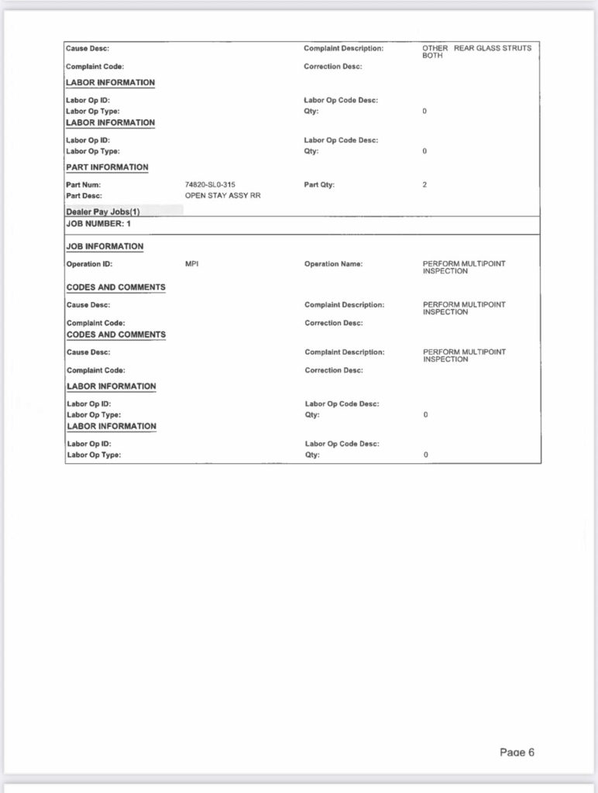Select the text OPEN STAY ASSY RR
(x=222, y=196)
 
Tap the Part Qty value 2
(x=424, y=184)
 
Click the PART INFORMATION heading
(x=107, y=167)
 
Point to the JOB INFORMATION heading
(x=105, y=246)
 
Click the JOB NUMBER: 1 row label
(x=98, y=224)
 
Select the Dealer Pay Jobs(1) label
(x=103, y=211)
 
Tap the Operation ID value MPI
(x=192, y=264)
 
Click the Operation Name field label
(x=333, y=264)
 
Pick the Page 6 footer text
(x=517, y=752)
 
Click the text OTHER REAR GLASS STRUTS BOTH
(x=476, y=52)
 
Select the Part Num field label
(x=84, y=184)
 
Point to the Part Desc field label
(x=84, y=196)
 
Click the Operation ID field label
(x=90, y=264)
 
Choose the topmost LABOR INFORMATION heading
(x=111, y=83)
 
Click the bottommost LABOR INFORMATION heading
(x=111, y=426)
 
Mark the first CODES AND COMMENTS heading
(x=115, y=287)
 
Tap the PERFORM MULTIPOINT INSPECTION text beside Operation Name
(x=463, y=268)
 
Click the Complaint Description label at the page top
(x=343, y=49)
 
